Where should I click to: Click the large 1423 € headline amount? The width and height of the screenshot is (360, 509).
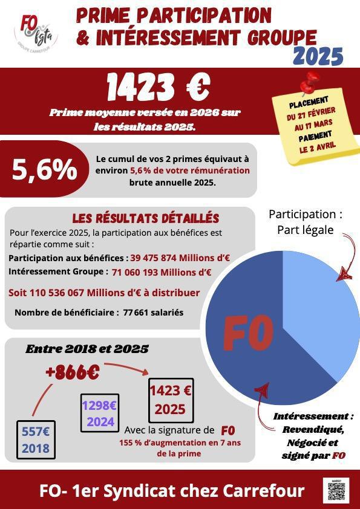(159, 88)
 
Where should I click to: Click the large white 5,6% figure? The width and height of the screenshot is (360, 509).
(45, 171)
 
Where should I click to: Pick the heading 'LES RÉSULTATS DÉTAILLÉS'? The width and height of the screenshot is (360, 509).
(146, 218)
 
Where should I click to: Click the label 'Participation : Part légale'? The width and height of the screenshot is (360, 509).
(305, 222)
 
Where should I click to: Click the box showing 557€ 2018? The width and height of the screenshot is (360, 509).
(36, 440)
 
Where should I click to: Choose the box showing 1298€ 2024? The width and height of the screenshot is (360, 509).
(100, 413)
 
